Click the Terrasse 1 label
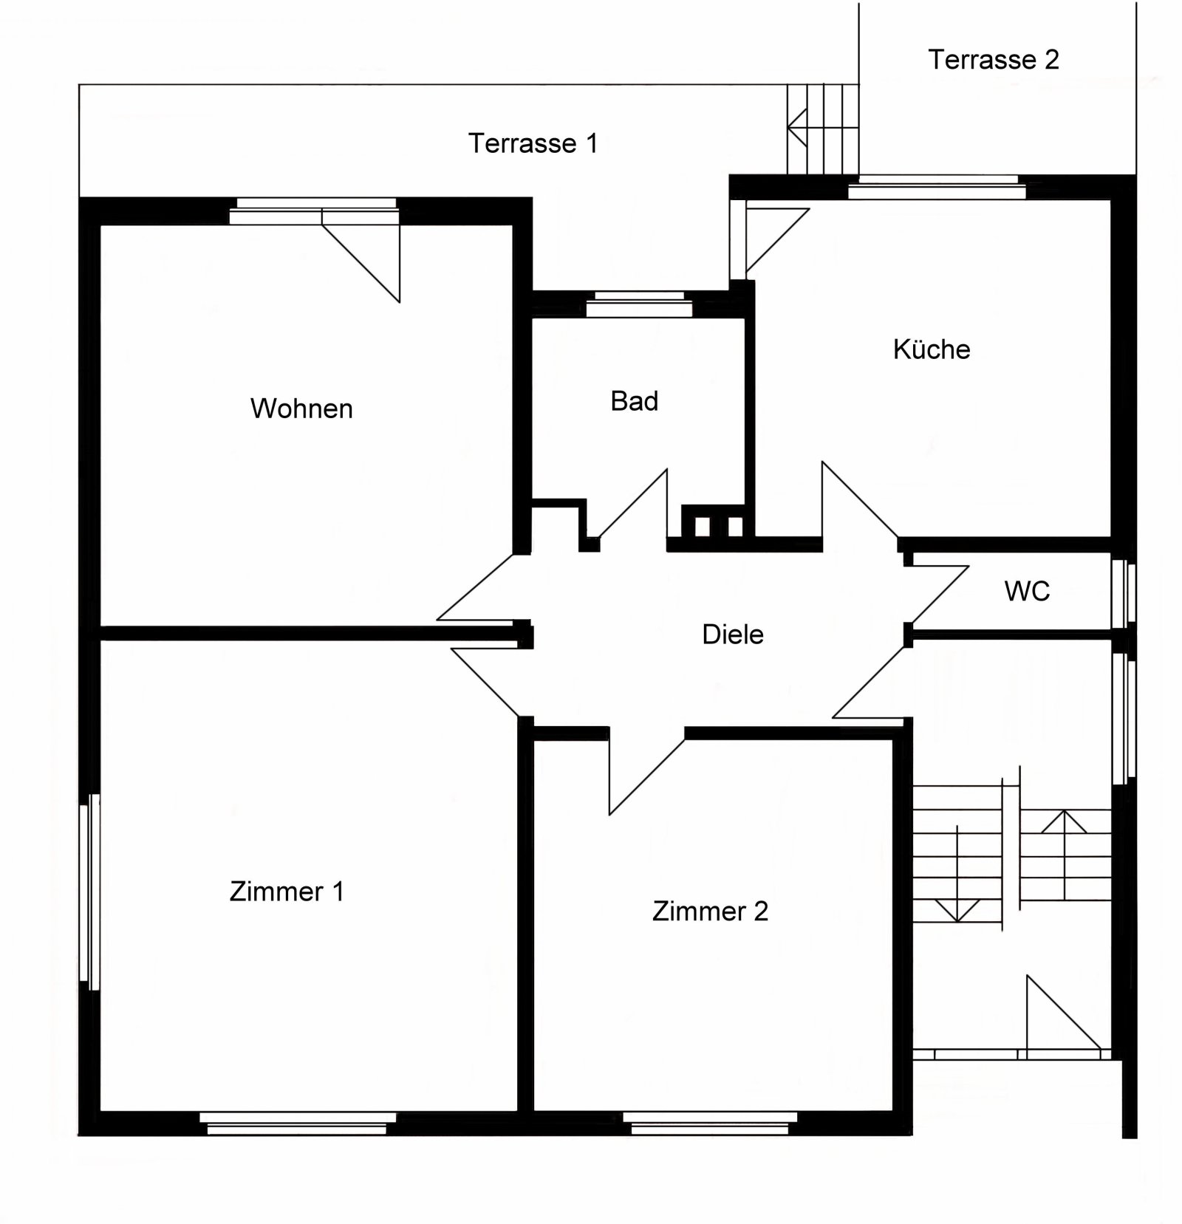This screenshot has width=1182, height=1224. pos(533,143)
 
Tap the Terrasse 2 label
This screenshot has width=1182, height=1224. pos(993,60)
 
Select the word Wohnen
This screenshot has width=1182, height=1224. pos(301,408)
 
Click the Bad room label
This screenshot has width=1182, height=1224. pos(634,401)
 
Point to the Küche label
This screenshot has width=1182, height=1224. pos(931,349)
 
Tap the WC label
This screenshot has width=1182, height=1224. pos(1026,591)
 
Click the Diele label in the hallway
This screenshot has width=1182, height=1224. pos(732,635)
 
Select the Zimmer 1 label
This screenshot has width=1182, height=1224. pos(287,892)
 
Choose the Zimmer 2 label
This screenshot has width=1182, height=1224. pos(710,912)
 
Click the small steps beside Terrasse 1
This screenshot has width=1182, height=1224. pos(822,129)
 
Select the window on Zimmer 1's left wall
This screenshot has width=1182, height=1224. pos(91,892)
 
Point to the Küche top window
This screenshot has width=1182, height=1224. pos(937,188)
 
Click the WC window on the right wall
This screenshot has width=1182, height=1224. pos(1124,594)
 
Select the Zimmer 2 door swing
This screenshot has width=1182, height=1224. pos(639,772)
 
